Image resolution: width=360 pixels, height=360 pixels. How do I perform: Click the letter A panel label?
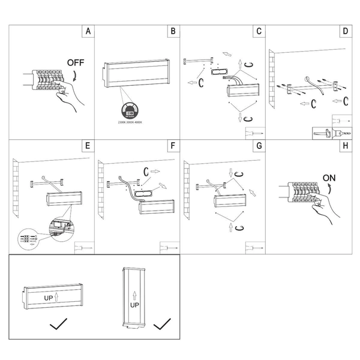88,31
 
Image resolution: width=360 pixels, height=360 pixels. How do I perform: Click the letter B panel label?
173,31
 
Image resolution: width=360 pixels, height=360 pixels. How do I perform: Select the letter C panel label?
259,31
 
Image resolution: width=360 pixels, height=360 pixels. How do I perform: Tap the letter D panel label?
344,31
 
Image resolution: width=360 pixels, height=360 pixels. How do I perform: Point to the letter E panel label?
88,146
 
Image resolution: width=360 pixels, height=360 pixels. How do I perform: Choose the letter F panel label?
173,146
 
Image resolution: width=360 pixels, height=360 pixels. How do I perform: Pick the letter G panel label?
259,146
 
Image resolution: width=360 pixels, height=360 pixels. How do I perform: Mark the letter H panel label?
344,146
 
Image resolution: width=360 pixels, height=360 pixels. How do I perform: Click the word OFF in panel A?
76,62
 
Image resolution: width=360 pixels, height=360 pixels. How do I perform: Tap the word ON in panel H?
329,178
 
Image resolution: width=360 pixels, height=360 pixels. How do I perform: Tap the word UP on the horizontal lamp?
49,297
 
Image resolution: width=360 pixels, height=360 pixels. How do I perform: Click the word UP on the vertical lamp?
134,305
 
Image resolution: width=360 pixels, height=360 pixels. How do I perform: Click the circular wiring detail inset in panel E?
29,238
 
